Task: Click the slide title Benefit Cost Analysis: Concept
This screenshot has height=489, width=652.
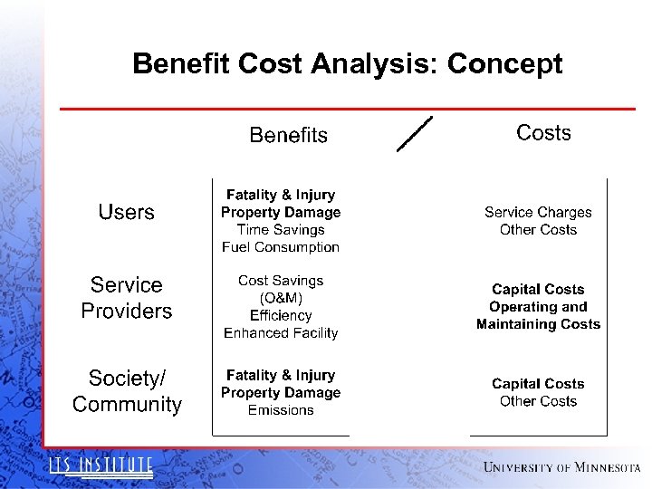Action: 347,64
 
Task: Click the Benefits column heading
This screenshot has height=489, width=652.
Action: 288,136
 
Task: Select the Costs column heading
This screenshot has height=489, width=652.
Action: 543,133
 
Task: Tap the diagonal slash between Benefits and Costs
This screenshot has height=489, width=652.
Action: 415,134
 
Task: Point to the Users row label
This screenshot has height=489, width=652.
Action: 126,212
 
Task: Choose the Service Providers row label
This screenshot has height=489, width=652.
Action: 126,298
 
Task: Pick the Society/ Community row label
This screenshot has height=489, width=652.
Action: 127,391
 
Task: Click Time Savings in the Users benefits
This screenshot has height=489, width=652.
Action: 281,230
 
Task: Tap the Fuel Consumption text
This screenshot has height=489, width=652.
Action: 281,247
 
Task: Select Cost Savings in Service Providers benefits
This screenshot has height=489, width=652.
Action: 281,281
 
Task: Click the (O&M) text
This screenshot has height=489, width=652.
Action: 281,298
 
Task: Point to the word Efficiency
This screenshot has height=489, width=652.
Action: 281,316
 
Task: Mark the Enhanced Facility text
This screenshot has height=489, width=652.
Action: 281,333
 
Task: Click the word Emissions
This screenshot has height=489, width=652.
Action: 281,410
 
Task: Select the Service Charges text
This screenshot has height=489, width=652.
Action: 538,212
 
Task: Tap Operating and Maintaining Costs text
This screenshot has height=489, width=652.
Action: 538,315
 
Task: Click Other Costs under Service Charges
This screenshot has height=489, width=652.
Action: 538,230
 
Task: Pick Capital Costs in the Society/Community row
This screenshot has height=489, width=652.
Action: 538,384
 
